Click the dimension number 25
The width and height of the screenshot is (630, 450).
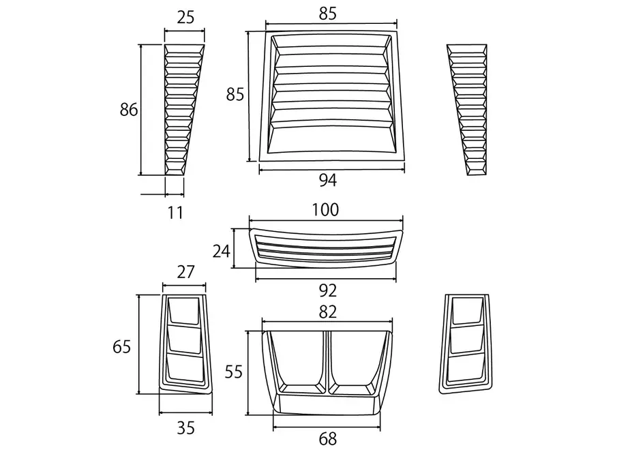click(x=185, y=17)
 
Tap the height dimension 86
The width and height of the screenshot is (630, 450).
click(x=129, y=109)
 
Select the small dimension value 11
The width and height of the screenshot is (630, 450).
click(x=175, y=212)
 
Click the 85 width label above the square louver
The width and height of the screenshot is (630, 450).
click(x=328, y=14)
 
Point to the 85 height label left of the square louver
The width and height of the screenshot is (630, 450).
click(x=235, y=95)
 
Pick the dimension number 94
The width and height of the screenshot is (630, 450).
click(x=328, y=181)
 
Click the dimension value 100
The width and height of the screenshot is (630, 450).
click(x=325, y=210)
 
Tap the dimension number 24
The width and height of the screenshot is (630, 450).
click(x=222, y=251)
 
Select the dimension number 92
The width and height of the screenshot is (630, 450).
click(x=327, y=290)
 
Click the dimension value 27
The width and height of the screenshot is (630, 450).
click(x=185, y=272)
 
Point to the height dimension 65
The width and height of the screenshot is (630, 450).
click(x=122, y=346)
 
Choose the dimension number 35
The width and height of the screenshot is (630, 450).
click(x=185, y=428)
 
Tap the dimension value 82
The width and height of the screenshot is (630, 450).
click(x=327, y=312)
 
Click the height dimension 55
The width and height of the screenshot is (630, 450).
click(x=233, y=372)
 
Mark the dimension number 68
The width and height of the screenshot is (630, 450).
click(x=327, y=438)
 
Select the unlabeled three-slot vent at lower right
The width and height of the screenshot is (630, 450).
click(x=466, y=344)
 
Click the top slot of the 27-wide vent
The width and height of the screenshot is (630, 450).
click(x=184, y=310)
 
